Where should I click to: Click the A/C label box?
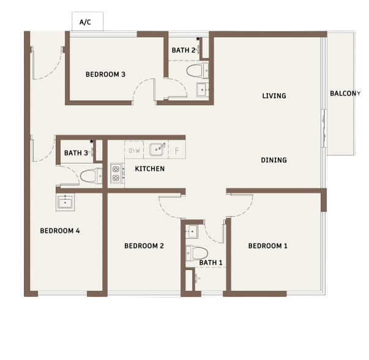(88, 21)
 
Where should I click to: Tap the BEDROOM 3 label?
(105, 75)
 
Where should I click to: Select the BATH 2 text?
(184, 50)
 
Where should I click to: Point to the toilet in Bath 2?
(198, 70)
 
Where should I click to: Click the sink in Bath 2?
(203, 90)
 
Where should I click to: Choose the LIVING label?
(274, 96)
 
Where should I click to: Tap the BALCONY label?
(345, 94)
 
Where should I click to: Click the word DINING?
(274, 160)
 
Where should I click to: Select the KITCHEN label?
(150, 168)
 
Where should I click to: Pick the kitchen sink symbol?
(157, 149)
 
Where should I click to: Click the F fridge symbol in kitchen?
(177, 150)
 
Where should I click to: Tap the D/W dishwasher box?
(134, 150)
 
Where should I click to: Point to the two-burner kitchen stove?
(116, 173)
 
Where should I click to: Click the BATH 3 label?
(76, 153)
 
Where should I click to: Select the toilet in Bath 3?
(91, 176)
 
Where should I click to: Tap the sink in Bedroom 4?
(65, 202)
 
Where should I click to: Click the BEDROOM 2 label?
(144, 246)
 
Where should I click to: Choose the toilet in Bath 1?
(196, 253)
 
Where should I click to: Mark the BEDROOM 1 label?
(268, 246)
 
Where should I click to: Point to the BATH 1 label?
(211, 263)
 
